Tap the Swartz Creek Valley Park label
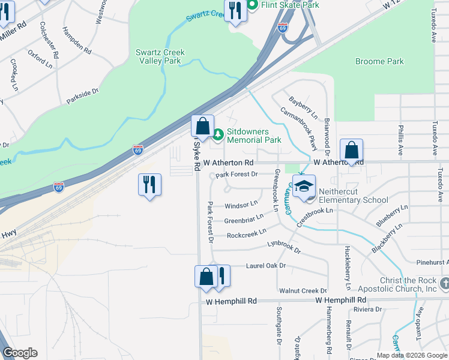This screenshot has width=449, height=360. point(158,56)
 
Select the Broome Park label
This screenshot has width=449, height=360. point(379,61)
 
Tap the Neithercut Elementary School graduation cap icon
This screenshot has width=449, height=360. point(304,187)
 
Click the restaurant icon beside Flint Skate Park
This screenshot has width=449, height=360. point(235,11)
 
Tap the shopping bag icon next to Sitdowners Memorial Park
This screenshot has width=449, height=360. point(203,127)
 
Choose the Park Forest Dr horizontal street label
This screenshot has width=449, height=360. point(237,174)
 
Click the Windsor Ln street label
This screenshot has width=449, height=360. point(241,205)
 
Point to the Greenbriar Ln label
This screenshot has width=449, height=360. point(244,220)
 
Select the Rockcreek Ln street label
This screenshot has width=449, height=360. point(246,234)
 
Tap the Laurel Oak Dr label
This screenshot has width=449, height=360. point(265,265)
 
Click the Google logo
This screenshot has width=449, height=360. point(20,353)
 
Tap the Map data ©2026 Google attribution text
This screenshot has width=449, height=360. point(411,355)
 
